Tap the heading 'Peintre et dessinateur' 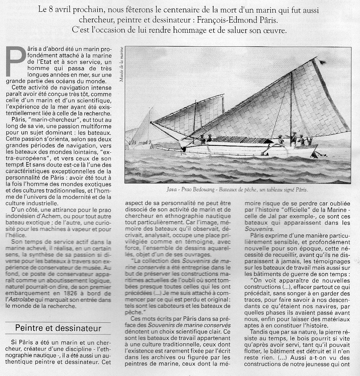(58, 328)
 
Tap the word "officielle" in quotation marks (302, 210)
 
